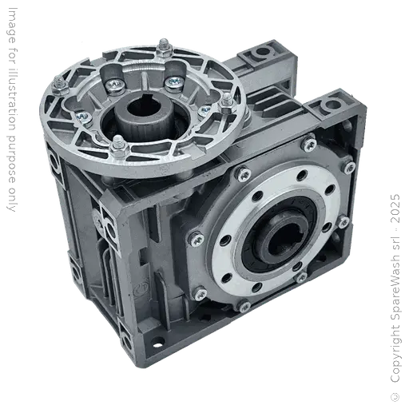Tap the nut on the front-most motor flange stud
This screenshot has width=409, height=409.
(x=118, y=144)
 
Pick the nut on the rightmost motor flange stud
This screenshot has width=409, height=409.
(x=227, y=100)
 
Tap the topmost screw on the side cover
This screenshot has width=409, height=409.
(x=308, y=145)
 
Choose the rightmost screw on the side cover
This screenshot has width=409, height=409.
(x=349, y=167)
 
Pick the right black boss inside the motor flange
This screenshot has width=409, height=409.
(x=171, y=80)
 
